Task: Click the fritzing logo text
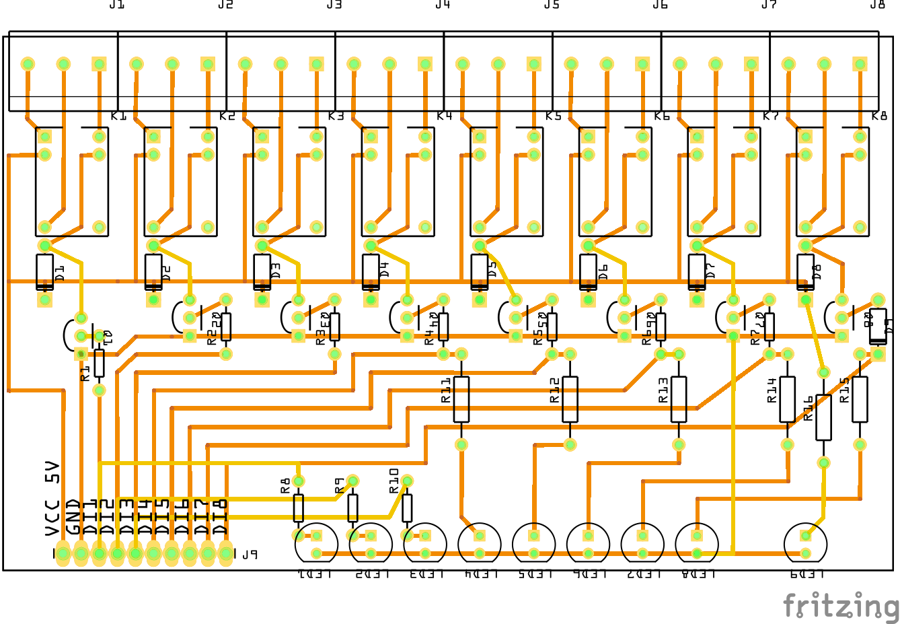(x=841, y=605)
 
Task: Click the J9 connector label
(x=250, y=555)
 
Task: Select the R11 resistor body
(x=461, y=399)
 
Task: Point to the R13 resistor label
(x=663, y=390)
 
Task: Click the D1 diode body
(x=44, y=272)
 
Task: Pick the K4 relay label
(x=444, y=116)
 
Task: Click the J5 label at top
(x=552, y=5)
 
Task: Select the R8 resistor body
(x=299, y=508)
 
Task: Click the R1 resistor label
(x=85, y=374)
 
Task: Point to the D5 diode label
(x=492, y=269)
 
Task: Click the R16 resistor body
(x=823, y=417)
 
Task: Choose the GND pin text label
(x=73, y=516)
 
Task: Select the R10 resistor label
(x=394, y=481)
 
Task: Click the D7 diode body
(x=697, y=272)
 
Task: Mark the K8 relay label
(x=879, y=116)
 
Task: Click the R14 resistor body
(x=787, y=399)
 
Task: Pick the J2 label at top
(x=225, y=5)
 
